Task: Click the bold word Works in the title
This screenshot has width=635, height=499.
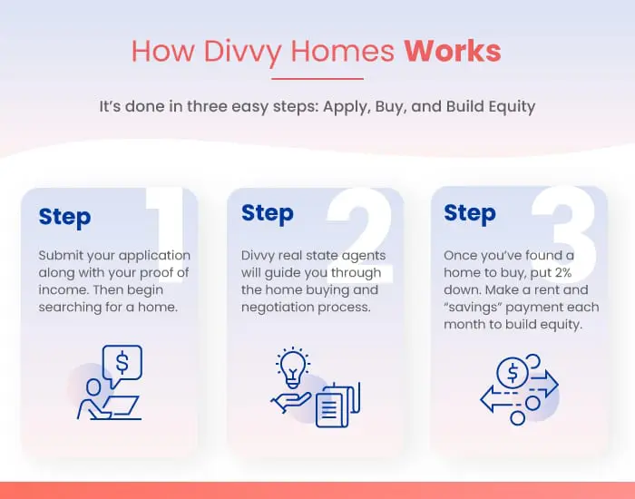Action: (453, 51)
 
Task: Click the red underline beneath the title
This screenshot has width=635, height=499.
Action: (317, 79)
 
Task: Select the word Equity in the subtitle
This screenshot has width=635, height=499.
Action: (512, 107)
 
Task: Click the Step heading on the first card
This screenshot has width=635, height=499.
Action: (64, 217)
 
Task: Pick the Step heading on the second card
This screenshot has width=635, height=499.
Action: (268, 213)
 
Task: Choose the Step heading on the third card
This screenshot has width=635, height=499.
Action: (470, 213)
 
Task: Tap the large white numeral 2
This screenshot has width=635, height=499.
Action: (360, 234)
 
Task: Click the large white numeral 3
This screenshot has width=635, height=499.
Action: (564, 234)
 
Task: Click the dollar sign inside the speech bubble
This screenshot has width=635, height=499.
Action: (122, 362)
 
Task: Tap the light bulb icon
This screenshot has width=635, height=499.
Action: (293, 367)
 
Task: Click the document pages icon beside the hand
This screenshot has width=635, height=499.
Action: (337, 405)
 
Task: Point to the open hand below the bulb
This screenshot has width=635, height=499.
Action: (291, 402)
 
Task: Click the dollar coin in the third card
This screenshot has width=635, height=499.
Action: (513, 373)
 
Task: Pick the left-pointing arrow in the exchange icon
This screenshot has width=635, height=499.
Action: (499, 399)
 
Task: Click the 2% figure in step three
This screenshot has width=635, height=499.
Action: (563, 272)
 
